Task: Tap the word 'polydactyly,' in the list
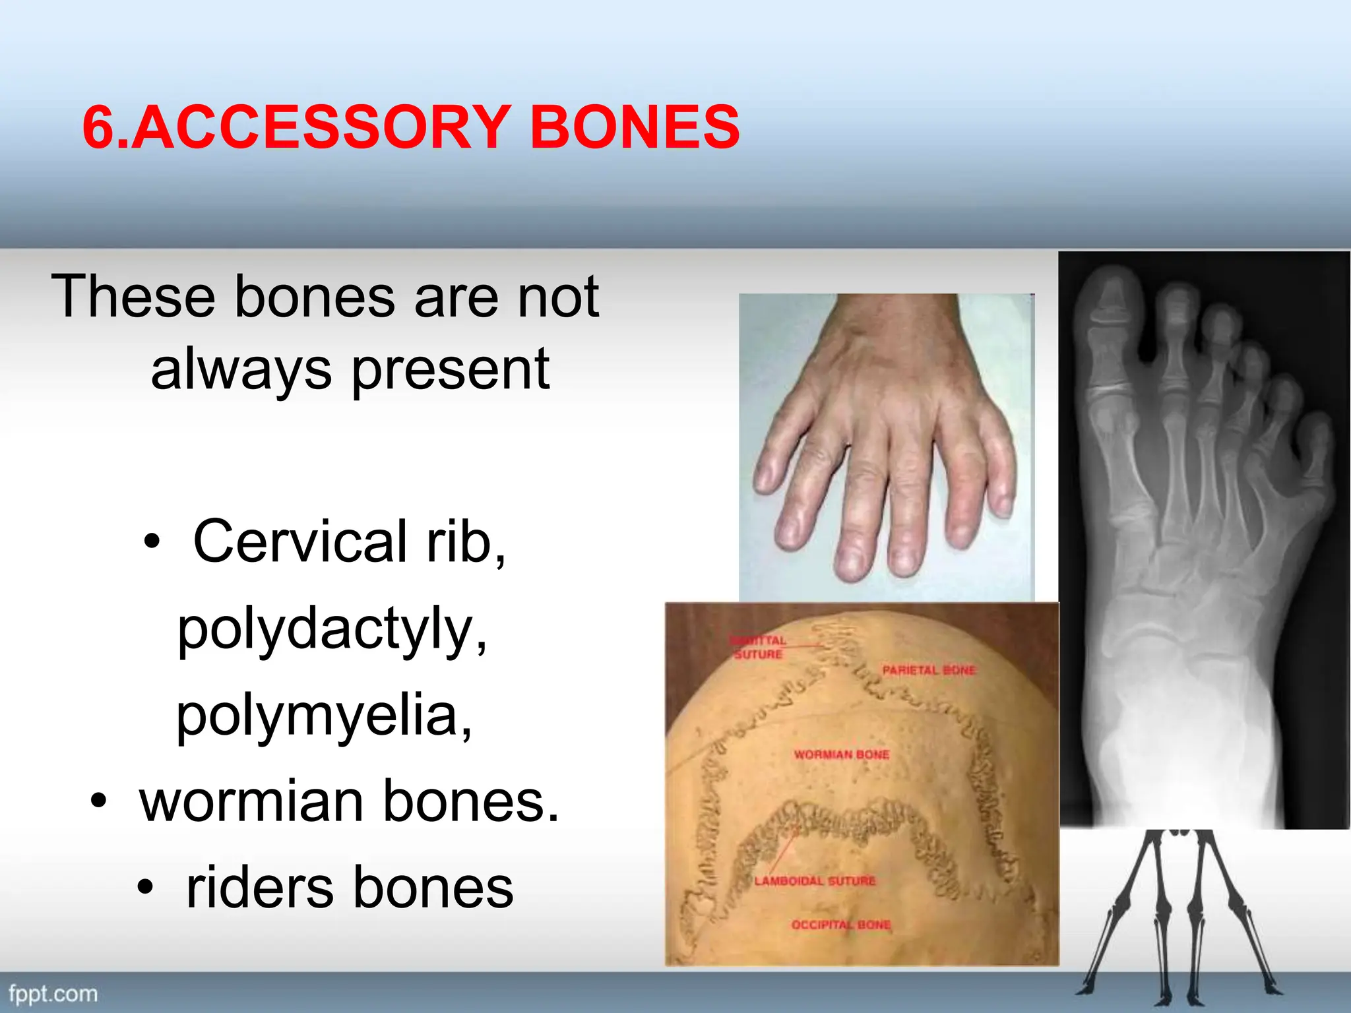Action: pos(332,630)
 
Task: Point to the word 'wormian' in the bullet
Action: pos(251,802)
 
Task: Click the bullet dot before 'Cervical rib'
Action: pos(152,542)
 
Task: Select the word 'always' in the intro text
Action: pos(241,369)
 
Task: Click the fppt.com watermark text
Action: pos(53,994)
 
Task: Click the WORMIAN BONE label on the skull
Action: pos(841,754)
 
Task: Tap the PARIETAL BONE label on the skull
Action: pos(929,670)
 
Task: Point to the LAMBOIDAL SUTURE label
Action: pos(815,881)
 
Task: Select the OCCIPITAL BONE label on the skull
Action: pos(841,925)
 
